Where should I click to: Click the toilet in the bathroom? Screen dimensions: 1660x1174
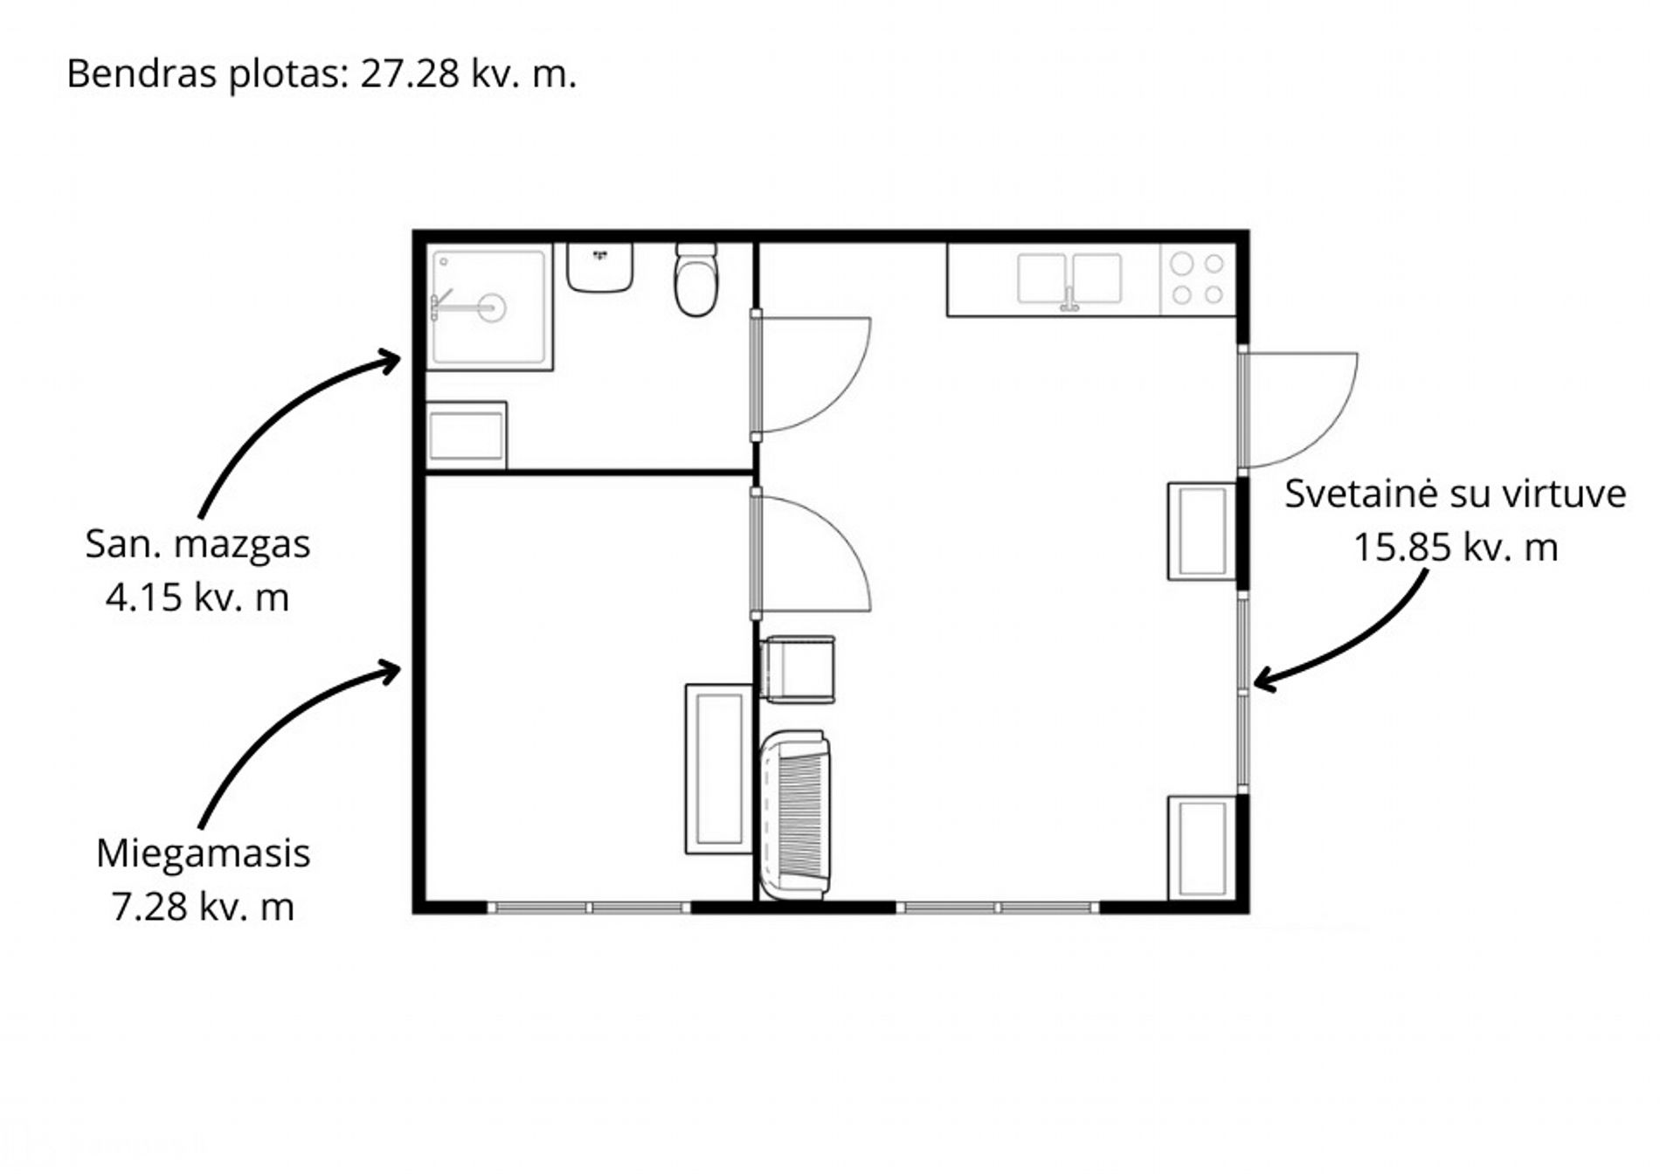pos(696,280)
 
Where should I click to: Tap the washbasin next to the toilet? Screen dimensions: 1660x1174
pos(599,267)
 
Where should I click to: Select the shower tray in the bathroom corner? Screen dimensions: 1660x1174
pos(489,307)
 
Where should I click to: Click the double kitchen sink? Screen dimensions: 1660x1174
pos(1069,280)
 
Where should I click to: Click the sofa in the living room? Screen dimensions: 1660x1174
pos(795,815)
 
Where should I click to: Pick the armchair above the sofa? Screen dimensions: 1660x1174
pos(798,670)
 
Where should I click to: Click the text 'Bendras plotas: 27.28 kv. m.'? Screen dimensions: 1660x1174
pos(322,73)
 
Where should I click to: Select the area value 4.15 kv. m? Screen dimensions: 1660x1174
pos(197,597)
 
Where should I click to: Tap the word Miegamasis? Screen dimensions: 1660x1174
pos(203,853)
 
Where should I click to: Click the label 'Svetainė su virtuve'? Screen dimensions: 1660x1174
pos(1455,494)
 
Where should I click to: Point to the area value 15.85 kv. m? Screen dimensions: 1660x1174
pos(1456,548)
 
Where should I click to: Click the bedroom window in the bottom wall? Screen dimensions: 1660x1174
pos(589,908)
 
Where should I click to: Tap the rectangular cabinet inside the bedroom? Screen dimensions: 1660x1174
pos(719,769)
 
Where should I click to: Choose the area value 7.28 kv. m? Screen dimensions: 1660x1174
pos(203,907)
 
